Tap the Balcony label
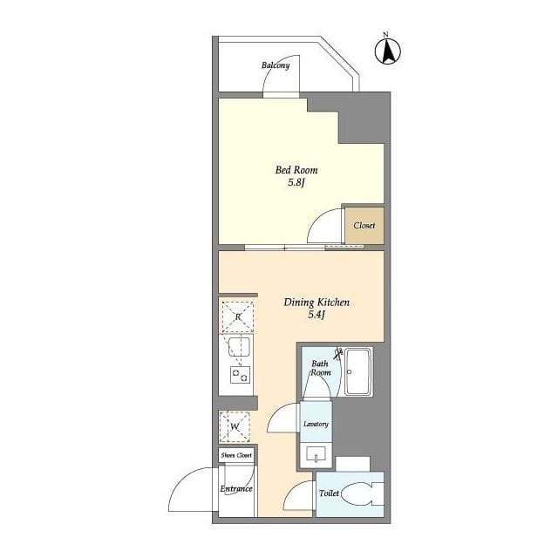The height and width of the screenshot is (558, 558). tap(276, 65)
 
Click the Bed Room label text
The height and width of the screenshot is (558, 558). tap(296, 170)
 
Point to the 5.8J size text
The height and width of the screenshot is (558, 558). tap(296, 183)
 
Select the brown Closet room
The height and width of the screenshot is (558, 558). tap(364, 226)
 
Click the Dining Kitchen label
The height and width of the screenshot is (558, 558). tap(316, 303)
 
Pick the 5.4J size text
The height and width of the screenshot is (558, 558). tap(316, 315)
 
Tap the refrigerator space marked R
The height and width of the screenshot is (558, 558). tap(238, 316)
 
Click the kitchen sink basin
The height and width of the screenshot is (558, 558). tap(239, 347)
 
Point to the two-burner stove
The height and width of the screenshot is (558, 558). tap(240, 375)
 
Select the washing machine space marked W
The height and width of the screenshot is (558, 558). tap(235, 426)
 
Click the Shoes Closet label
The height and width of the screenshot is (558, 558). tap(236, 455)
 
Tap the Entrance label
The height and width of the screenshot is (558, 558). tap(236, 488)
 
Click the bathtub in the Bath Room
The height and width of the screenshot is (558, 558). tap(358, 372)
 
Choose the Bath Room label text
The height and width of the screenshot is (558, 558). tap(321, 368)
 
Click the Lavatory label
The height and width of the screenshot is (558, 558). tap(316, 424)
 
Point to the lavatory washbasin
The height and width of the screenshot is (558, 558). tap(316, 455)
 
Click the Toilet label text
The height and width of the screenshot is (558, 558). tap(329, 493)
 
